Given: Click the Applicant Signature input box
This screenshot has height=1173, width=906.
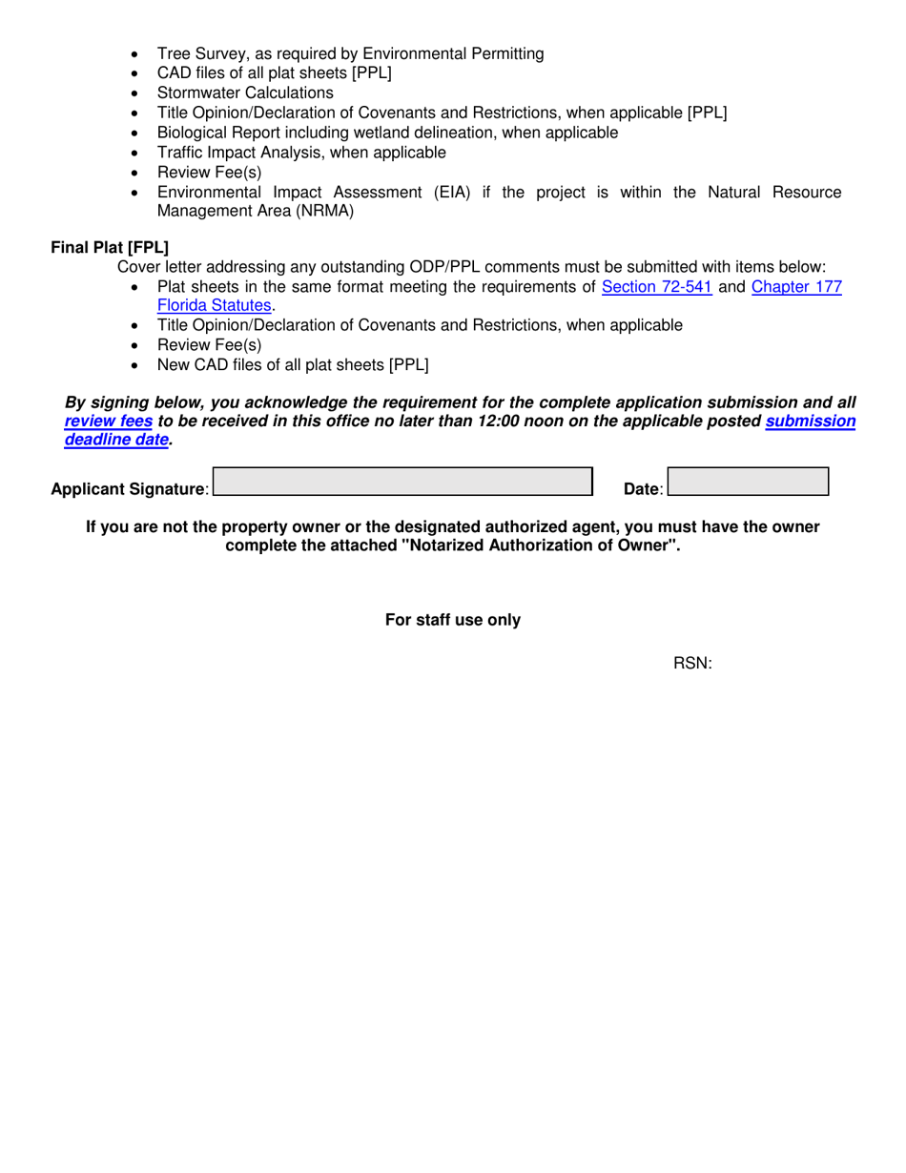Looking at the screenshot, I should tap(402, 482).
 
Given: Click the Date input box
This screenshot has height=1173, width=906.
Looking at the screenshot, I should tap(748, 482).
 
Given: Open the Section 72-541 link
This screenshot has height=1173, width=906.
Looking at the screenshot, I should tap(657, 286).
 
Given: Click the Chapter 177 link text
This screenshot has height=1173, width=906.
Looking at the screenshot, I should tap(796, 286).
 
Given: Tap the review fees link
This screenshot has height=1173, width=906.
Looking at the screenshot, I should tap(108, 421).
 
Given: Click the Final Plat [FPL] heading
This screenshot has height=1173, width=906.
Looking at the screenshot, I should tap(110, 248).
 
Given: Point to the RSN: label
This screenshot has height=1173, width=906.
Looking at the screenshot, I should tap(693, 664).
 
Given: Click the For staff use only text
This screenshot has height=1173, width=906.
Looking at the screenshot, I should tap(453, 620).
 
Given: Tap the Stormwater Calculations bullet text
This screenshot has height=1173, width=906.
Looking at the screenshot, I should tap(245, 93).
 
